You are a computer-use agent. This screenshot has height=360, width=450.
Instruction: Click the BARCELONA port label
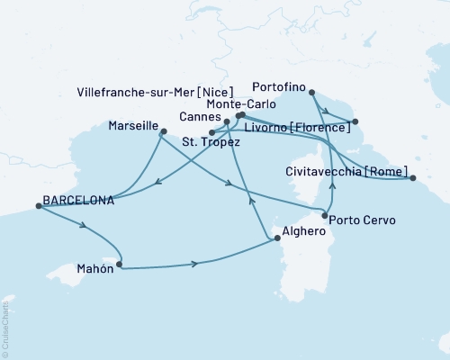78,201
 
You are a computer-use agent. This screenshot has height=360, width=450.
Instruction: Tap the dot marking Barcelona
38,206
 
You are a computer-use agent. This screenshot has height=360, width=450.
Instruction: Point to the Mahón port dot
119,266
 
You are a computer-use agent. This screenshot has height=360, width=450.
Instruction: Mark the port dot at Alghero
272,238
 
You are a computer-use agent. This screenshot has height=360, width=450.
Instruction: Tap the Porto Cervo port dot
325,212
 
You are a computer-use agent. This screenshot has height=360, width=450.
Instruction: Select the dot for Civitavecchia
413,178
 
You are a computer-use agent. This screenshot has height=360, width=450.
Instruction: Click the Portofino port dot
310,92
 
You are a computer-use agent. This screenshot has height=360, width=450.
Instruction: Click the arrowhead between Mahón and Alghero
194,264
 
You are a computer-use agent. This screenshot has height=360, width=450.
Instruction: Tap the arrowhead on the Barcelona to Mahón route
84,229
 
